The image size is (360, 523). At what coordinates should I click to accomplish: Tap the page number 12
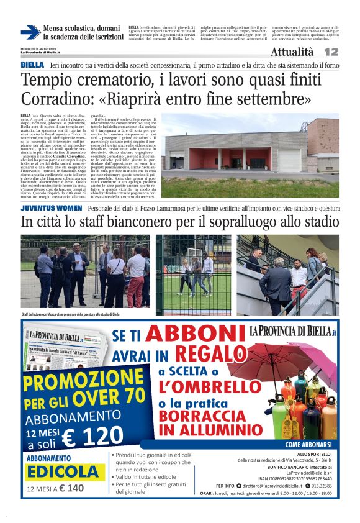(331, 52)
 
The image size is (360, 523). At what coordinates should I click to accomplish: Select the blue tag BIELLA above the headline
(32, 65)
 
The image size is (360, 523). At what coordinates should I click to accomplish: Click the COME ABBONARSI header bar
(310, 445)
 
